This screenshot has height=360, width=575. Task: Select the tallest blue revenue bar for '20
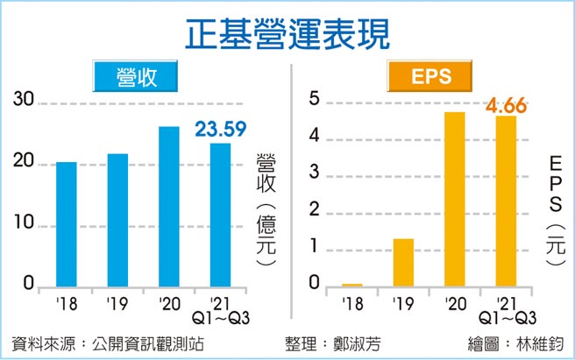169,207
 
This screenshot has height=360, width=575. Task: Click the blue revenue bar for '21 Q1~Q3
220,215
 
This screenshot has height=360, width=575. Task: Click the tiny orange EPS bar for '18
351,284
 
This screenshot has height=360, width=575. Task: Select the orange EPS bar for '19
402,262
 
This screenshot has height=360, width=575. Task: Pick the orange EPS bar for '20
454,199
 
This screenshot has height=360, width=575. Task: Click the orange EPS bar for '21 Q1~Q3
506,201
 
